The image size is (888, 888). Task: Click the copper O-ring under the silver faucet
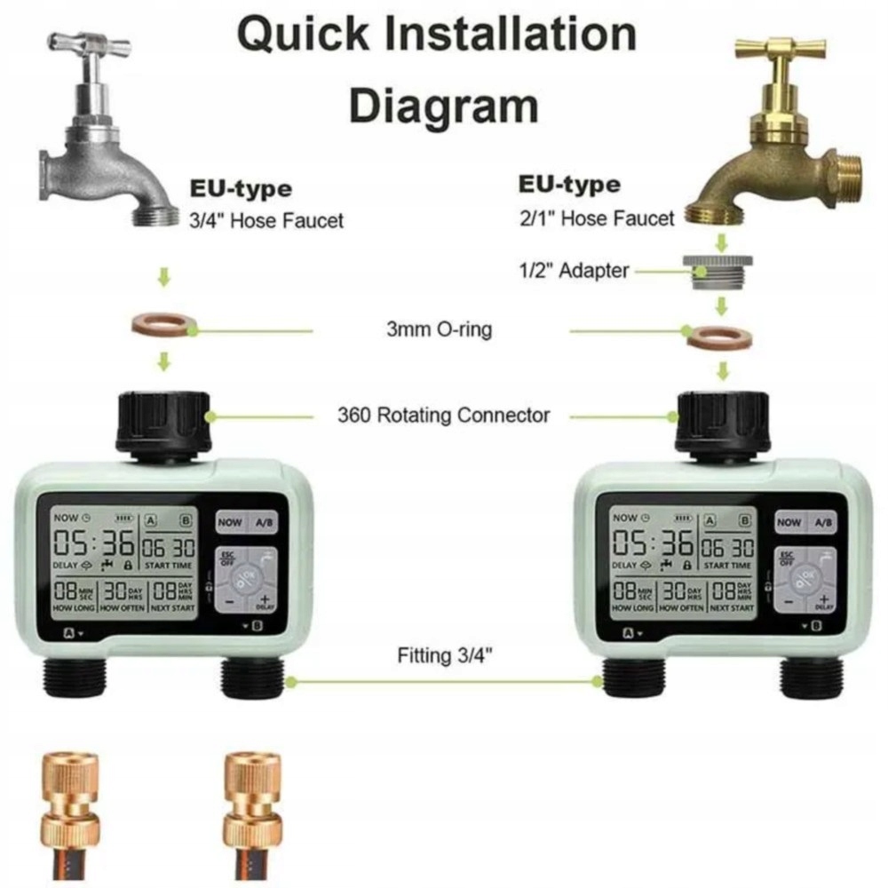[164, 326]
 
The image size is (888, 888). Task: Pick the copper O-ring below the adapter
[720, 337]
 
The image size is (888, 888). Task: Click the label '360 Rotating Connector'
[443, 415]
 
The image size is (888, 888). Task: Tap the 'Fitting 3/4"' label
[444, 656]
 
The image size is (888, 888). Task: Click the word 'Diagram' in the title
[444, 106]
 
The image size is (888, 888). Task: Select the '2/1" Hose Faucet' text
[597, 218]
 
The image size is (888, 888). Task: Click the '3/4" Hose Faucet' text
[266, 220]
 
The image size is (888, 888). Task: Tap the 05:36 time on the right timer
[653, 543]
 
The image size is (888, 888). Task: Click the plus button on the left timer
[264, 601]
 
